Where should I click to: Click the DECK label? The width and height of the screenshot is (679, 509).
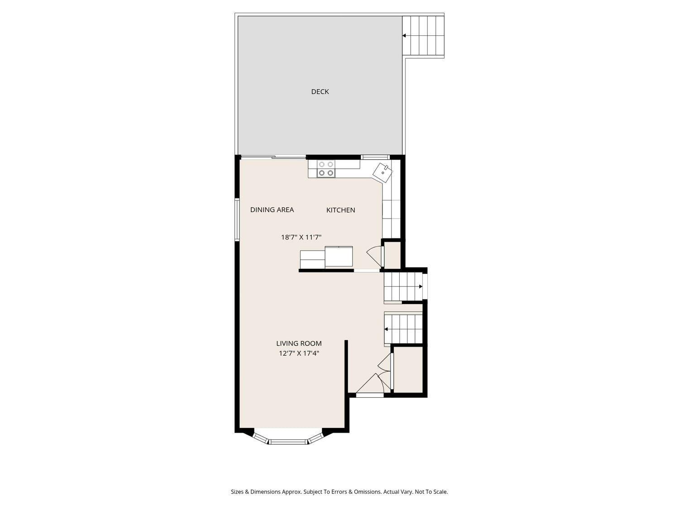click(320, 92)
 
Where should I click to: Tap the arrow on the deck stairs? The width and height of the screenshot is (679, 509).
click(404, 35)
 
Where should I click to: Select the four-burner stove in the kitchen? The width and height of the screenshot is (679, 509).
click(326, 169)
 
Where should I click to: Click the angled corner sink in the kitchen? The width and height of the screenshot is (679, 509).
click(383, 172)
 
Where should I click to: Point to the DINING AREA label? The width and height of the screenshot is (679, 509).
click(272, 210)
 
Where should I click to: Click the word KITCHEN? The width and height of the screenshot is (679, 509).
click(340, 210)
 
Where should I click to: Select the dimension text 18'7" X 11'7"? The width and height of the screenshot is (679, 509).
click(301, 237)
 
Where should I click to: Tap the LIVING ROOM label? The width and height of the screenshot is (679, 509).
click(299, 343)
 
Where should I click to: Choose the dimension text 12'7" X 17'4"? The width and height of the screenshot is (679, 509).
click(299, 353)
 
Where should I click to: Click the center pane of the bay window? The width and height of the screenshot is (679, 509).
click(288, 441)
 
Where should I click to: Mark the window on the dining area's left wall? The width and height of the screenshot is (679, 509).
click(237, 219)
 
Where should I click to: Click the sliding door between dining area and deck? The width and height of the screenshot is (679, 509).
click(273, 157)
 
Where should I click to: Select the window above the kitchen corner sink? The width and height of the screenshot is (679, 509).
click(375, 157)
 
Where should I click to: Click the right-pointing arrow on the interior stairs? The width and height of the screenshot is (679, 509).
click(421, 286)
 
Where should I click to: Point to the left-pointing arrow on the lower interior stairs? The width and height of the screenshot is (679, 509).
click(386, 329)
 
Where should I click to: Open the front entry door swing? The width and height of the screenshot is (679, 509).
click(369, 385)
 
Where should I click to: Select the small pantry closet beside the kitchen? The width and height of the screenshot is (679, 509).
click(392, 255)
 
